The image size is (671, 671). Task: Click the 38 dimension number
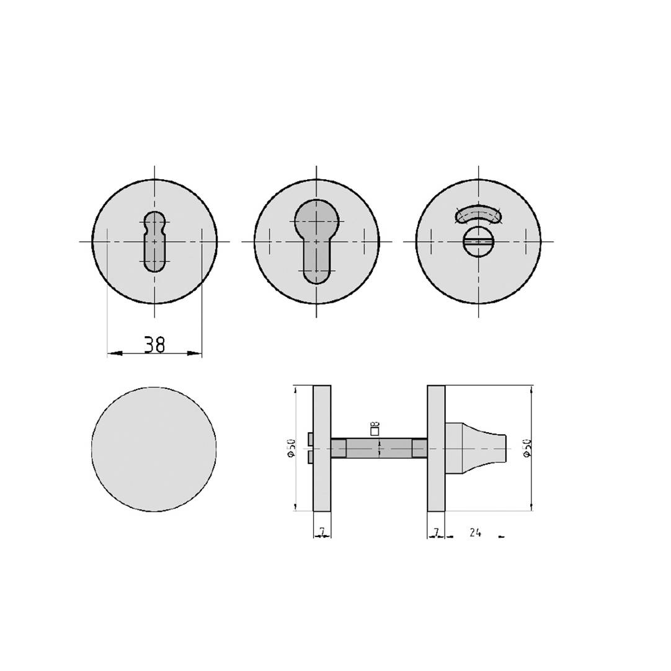pos(154,345)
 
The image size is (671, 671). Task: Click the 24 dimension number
pos(475,532)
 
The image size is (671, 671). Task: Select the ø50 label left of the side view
pos(291,448)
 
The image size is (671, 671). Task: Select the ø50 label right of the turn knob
pos(527,448)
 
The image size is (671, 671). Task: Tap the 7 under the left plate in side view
pos(322,532)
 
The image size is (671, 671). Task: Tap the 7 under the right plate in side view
pos(436,532)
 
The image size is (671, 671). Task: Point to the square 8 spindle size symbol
pos(375,428)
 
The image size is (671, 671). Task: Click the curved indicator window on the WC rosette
pos(478,214)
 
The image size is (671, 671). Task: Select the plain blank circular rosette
pos(154,449)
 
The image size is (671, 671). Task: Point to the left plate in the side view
pos(322,448)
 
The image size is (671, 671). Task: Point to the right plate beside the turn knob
pos(436,448)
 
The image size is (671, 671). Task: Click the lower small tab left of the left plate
pos(310,457)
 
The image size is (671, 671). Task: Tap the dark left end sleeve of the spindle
pos(338,448)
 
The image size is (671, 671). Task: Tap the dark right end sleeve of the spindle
pos(420,448)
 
